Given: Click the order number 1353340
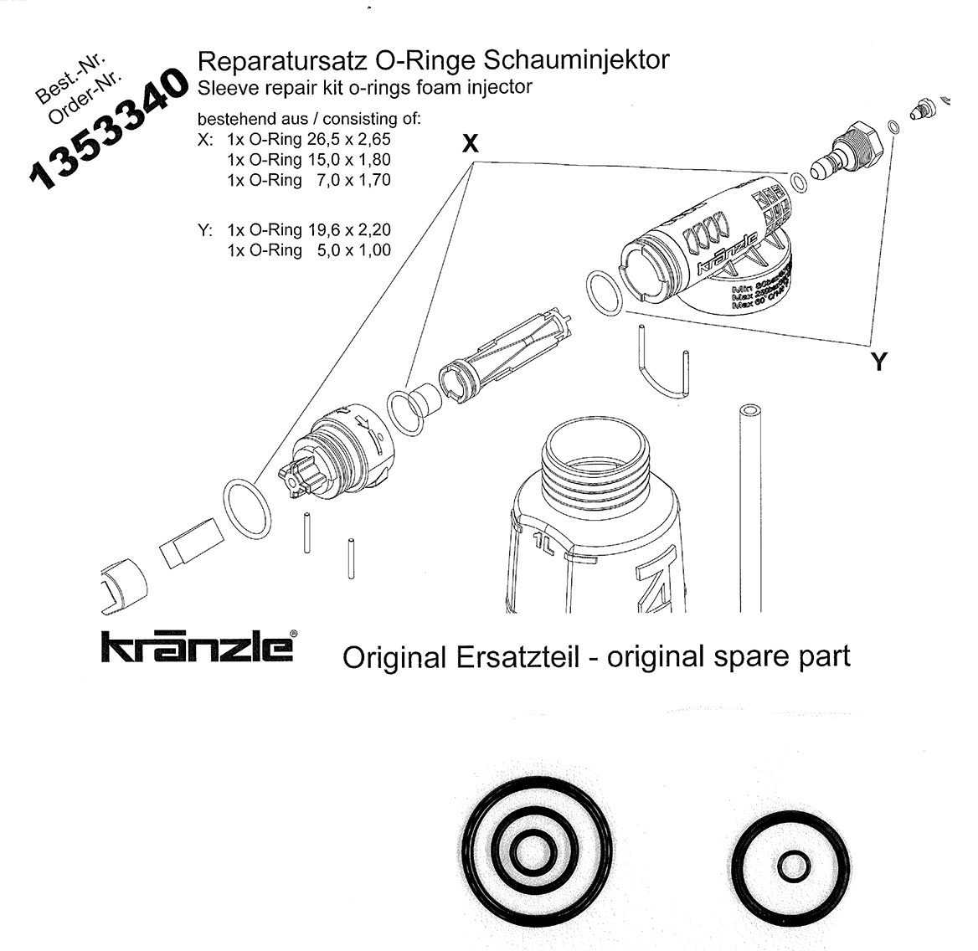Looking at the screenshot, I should (x=107, y=129).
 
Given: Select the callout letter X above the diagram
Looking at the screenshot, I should (x=471, y=144).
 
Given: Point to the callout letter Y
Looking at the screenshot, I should (x=878, y=362).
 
